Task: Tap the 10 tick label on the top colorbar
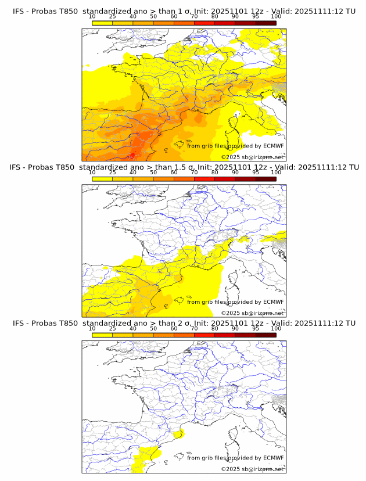pyautogui.click(x=92, y=17)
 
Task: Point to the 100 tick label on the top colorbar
pyautogui.click(x=276, y=17)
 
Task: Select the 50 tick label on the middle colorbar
pyautogui.click(x=153, y=173)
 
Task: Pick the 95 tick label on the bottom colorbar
pyautogui.click(x=256, y=328)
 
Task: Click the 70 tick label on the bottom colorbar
pyautogui.click(x=194, y=328)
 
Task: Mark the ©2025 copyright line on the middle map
pyautogui.click(x=252, y=313)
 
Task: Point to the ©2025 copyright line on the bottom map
pyautogui.click(x=252, y=468)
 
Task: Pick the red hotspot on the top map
pyautogui.click(x=133, y=155)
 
